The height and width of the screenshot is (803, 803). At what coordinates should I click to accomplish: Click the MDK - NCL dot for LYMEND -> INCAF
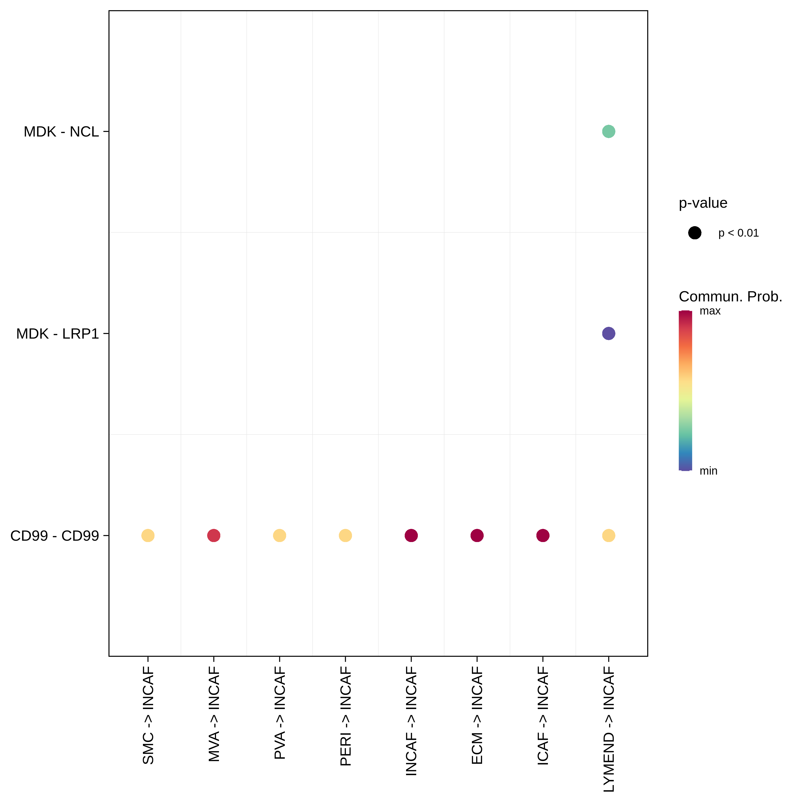point(608,131)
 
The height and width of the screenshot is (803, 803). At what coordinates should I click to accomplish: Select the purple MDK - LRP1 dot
point(608,333)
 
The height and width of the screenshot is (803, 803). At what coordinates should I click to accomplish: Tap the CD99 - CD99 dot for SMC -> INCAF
point(148,535)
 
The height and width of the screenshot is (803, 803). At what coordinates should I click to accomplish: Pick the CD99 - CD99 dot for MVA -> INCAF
point(214,535)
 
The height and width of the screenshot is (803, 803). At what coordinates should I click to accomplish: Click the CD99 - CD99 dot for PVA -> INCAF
point(279,535)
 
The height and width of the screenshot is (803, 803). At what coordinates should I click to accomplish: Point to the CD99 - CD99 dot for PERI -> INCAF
point(345,535)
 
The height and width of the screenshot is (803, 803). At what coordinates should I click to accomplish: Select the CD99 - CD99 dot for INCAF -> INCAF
point(411,535)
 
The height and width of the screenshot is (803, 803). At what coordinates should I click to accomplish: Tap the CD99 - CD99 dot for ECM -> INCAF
point(477,535)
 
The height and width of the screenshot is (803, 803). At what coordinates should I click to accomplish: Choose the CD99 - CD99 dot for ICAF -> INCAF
point(543,535)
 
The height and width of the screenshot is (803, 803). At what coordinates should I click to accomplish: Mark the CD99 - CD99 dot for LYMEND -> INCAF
point(608,535)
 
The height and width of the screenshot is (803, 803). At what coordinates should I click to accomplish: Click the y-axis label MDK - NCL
point(61,132)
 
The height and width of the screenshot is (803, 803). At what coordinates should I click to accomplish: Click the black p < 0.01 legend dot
point(695,233)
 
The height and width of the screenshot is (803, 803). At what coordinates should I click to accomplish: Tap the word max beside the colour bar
point(710,311)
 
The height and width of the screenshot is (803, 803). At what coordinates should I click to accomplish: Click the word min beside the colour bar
point(708,471)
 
